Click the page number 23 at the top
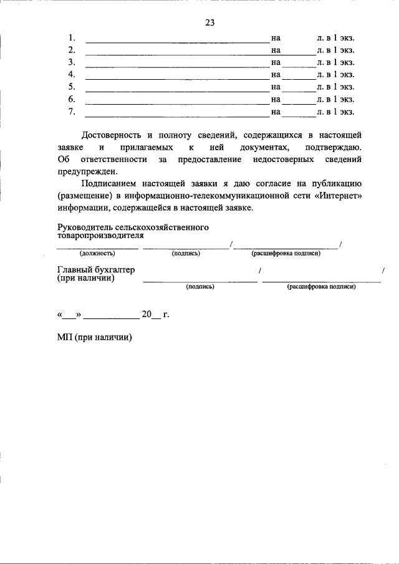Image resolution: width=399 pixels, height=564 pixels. [209, 23]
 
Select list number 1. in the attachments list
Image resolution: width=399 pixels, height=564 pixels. [72, 37]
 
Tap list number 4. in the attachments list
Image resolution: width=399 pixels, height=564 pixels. [72, 74]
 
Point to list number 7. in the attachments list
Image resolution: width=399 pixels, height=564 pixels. [72, 112]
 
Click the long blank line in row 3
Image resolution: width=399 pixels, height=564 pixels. [176, 65]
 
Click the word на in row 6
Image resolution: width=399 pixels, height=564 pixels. [276, 99]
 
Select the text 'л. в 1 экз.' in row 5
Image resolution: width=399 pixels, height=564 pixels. [335, 87]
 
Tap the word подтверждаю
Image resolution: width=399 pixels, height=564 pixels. [333, 147]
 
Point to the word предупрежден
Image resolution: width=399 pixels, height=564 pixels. [86, 172]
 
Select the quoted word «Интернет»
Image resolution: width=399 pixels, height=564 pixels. [335, 197]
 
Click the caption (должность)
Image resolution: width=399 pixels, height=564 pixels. [97, 254]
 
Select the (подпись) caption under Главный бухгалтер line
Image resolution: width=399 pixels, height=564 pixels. [200, 287]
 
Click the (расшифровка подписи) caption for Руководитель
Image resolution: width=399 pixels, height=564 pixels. [286, 254]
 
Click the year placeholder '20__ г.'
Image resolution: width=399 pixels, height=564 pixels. [155, 315]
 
